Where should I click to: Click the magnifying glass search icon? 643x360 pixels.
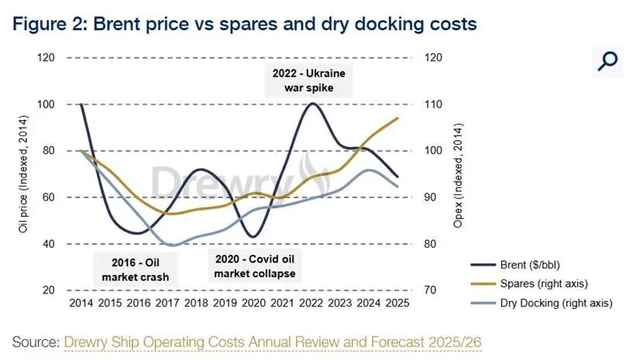point(608,60)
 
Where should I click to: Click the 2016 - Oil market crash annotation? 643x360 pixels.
point(132,269)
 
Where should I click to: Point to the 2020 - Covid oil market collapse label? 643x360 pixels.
point(254,266)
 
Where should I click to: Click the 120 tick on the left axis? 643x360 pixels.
point(46,58)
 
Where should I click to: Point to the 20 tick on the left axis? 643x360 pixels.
point(48,290)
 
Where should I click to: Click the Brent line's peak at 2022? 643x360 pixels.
point(311,103)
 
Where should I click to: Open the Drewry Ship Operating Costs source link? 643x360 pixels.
point(274,341)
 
